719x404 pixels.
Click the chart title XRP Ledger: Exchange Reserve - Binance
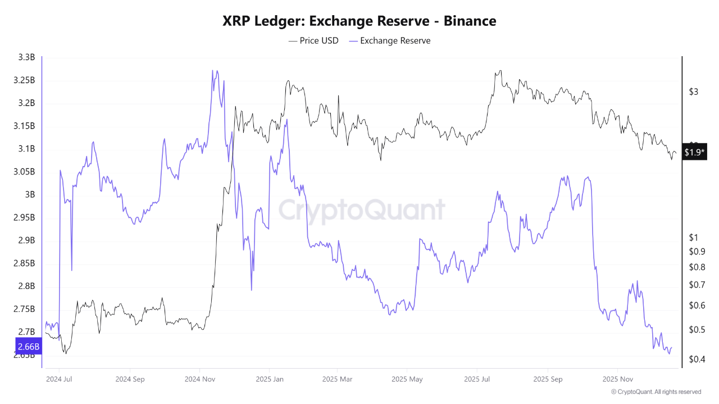pyautogui.click(x=359, y=21)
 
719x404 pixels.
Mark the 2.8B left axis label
pyautogui.click(x=25, y=286)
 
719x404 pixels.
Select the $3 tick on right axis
pyautogui.click(x=693, y=91)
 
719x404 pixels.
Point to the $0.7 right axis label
pyautogui.click(x=697, y=284)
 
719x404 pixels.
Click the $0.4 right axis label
pyautogui.click(x=697, y=359)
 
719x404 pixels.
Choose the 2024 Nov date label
pyautogui.click(x=199, y=379)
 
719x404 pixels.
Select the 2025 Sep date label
pyautogui.click(x=548, y=379)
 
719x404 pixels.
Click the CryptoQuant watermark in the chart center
pyautogui.click(x=362, y=210)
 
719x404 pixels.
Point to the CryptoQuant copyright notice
pyautogui.click(x=656, y=392)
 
